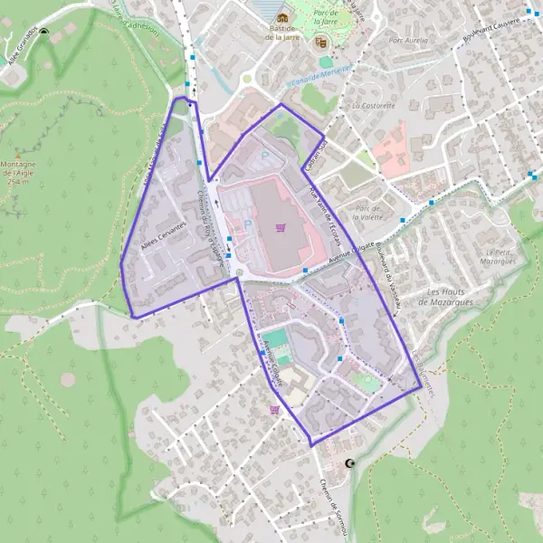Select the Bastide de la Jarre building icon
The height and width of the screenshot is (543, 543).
[283, 18]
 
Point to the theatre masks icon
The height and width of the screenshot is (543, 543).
[320, 42]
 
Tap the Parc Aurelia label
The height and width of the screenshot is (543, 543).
[406, 41]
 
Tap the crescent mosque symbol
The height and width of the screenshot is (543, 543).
[351, 464]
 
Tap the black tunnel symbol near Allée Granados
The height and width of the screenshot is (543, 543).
[45, 33]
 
